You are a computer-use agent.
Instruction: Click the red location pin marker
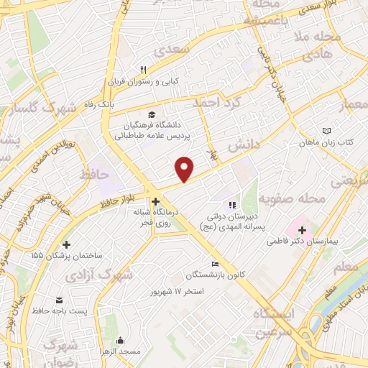pyautogui.click(x=185, y=168)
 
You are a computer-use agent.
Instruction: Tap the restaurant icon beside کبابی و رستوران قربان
pyautogui.click(x=143, y=70)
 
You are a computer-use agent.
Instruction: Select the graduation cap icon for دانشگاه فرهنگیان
pyautogui.click(x=151, y=114)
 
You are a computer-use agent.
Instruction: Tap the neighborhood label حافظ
pyautogui.click(x=93, y=175)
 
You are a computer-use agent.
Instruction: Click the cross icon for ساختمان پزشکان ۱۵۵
pyautogui.click(x=67, y=244)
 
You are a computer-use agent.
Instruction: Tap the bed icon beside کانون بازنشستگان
pyautogui.click(x=213, y=264)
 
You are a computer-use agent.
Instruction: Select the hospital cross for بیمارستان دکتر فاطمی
pyautogui.click(x=302, y=231)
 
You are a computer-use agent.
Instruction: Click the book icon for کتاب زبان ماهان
pyautogui.click(x=328, y=131)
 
